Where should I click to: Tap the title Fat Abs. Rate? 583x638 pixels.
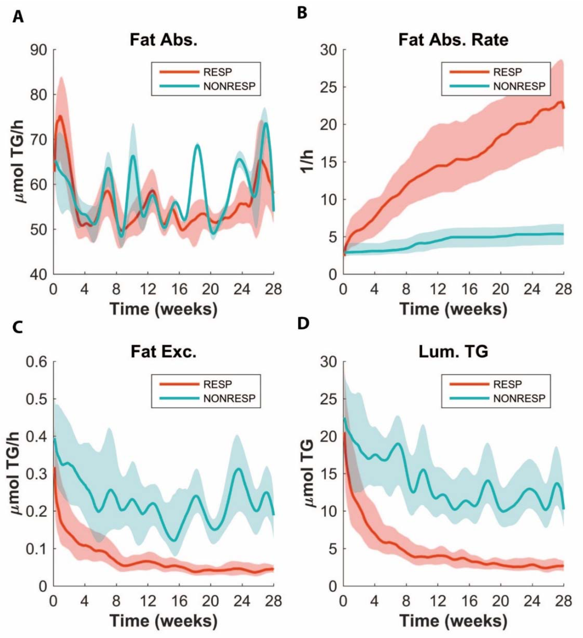click(453, 40)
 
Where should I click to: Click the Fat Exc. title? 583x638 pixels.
click(164, 352)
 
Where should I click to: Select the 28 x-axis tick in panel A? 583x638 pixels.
click(273, 289)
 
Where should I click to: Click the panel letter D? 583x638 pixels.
click(303, 324)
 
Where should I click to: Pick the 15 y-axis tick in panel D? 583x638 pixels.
click(328, 474)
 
